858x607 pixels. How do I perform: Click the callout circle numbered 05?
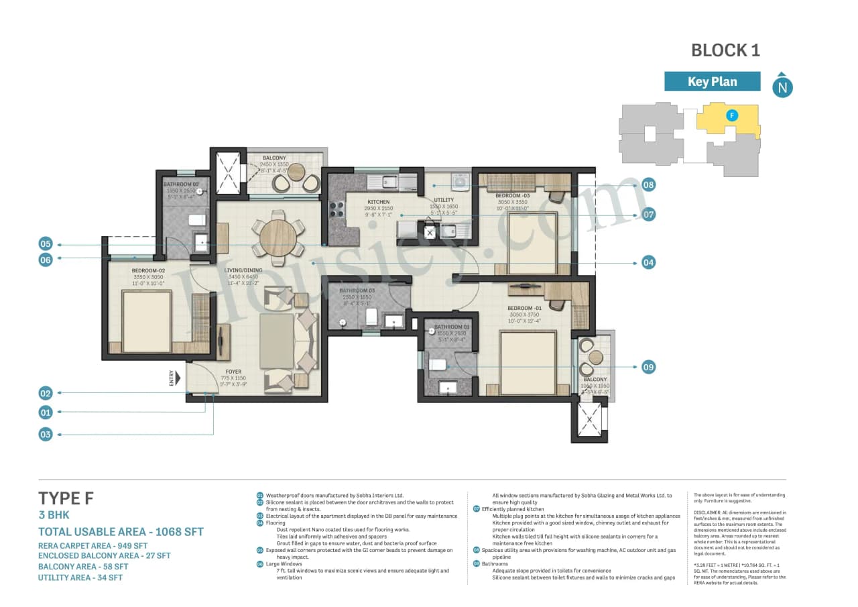tap(45, 244)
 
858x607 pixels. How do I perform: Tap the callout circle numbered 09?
tap(648, 367)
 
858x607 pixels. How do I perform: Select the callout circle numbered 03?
tap(45, 435)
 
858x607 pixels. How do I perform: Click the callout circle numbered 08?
tap(648, 184)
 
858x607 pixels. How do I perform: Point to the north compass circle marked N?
tap(782, 87)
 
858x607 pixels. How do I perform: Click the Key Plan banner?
tap(712, 82)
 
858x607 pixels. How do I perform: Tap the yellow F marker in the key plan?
tap(733, 115)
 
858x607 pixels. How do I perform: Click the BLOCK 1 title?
tap(725, 50)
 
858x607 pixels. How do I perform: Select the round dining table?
tap(278, 238)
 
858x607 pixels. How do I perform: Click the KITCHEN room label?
tap(378, 201)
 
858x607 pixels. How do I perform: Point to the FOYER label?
tap(233, 372)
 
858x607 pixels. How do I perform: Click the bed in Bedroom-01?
tap(528, 362)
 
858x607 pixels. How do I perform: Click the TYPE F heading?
tap(66, 498)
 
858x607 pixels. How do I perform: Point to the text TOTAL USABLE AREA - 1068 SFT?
tap(121, 532)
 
